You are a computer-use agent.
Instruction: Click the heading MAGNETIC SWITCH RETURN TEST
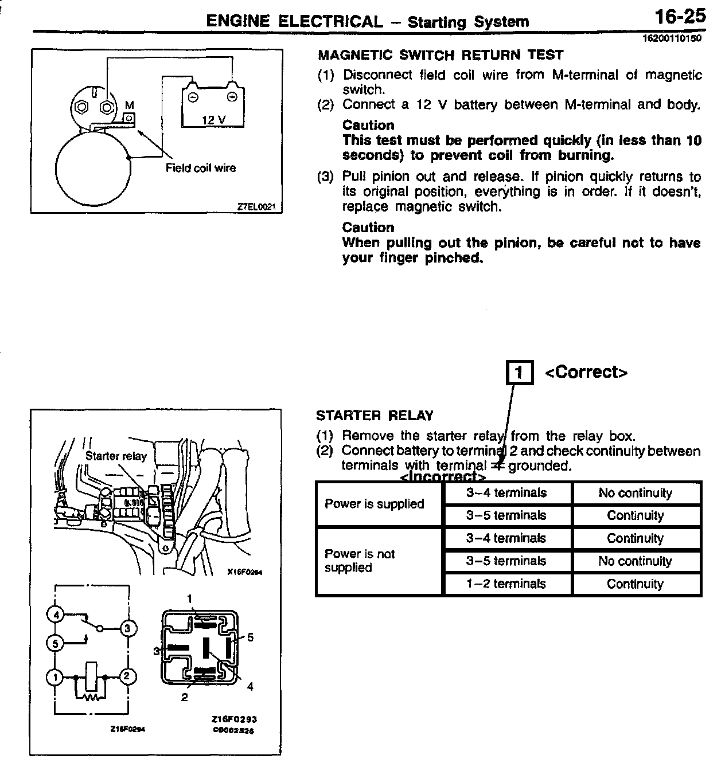[x=441, y=56]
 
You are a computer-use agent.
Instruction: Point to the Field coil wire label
[x=201, y=168]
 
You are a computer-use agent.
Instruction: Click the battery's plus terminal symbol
[x=232, y=97]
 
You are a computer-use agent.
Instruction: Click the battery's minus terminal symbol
[x=194, y=97]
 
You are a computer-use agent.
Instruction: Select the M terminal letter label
[x=129, y=105]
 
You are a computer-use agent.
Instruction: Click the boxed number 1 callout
[x=519, y=373]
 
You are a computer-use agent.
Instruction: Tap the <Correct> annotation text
[x=586, y=372]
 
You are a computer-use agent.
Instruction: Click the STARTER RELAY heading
[x=375, y=416]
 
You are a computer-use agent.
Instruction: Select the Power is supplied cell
[x=374, y=504]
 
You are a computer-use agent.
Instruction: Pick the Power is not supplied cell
[x=360, y=561]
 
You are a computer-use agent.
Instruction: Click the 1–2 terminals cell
[x=506, y=584]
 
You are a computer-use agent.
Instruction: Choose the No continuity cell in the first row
[x=635, y=493]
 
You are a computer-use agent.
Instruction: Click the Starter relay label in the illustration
[x=116, y=456]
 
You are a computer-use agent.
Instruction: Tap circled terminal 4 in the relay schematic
[x=56, y=616]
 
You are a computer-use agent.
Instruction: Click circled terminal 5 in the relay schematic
[x=56, y=644]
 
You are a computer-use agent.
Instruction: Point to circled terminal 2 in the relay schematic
[x=128, y=676]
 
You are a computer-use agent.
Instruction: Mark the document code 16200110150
[x=675, y=39]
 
